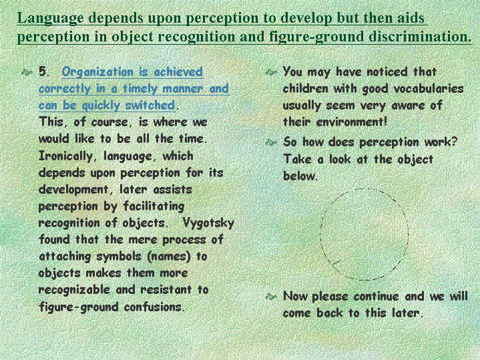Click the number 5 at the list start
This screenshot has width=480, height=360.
click(43, 71)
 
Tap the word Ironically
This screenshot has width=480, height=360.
click(66, 156)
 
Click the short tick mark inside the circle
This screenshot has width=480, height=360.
click(336, 262)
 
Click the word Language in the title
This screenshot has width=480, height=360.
click(50, 19)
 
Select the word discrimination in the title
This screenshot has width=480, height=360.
click(420, 37)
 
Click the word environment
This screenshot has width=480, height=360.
click(352, 122)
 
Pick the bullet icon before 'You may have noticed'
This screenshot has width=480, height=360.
click(271, 73)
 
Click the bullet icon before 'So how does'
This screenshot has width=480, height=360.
click(271, 142)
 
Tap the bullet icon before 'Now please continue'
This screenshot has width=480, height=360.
click(271, 297)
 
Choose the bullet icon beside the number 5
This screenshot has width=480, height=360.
click(27, 73)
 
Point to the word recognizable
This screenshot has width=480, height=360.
click(74, 290)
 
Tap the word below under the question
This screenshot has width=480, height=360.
click(300, 176)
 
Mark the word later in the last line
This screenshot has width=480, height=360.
click(407, 313)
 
